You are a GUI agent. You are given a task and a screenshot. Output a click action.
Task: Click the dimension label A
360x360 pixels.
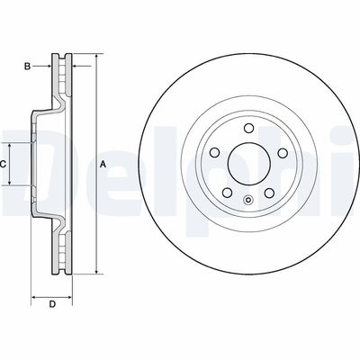point(103,164)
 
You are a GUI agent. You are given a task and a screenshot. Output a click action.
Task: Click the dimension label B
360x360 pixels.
point(28,66)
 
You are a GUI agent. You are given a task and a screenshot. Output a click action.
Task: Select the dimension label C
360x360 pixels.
point(4,164)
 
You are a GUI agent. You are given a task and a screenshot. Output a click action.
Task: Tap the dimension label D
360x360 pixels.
point(52,305)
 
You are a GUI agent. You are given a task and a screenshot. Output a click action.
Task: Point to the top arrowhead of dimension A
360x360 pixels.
point(94,57)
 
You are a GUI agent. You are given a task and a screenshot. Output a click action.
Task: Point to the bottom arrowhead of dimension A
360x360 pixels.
point(94,271)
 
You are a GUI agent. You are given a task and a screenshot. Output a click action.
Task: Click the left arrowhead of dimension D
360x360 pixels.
point(34,293)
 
